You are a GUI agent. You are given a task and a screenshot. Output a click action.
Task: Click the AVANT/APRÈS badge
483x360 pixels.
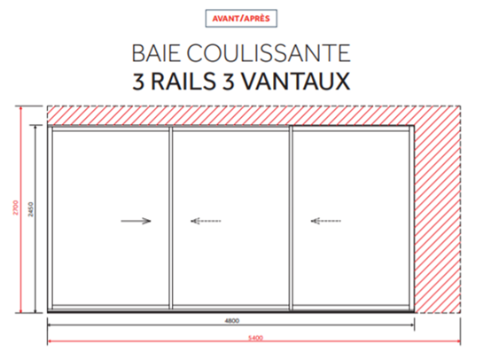(241, 19)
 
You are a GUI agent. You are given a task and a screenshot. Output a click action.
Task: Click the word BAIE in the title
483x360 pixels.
(156, 53)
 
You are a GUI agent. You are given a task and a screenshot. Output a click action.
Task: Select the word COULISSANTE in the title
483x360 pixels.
(269, 53)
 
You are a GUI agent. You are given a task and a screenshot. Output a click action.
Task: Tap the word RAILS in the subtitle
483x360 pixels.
(183, 82)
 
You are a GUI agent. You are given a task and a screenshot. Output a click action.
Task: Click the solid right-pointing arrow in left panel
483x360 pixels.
(136, 221)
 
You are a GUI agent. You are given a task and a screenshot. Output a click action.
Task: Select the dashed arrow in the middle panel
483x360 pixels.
(206, 221)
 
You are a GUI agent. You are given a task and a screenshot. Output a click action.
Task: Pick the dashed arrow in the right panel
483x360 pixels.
(325, 221)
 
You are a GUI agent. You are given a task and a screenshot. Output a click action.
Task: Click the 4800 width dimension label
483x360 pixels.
(231, 321)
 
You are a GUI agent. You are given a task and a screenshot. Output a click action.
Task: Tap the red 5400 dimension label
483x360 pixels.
(255, 338)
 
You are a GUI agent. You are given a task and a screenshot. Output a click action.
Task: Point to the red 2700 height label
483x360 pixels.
(16, 207)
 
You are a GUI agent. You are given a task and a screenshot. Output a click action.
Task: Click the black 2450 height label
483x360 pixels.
(31, 209)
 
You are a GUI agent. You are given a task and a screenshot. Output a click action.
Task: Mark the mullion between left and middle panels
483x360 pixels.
(170, 218)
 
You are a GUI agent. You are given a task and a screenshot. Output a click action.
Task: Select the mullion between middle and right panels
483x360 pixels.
(291, 218)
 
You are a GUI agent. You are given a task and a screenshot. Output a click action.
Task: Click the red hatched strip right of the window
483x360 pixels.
(438, 219)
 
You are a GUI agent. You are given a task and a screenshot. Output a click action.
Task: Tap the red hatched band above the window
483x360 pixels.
(253, 115)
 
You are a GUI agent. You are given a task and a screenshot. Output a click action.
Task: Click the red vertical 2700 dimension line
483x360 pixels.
(21, 209)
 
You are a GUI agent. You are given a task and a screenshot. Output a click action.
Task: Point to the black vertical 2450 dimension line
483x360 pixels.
(35, 219)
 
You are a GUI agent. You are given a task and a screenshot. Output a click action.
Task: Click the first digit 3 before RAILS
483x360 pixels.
(138, 82)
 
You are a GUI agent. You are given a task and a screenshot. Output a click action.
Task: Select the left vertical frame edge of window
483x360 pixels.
(50, 218)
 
